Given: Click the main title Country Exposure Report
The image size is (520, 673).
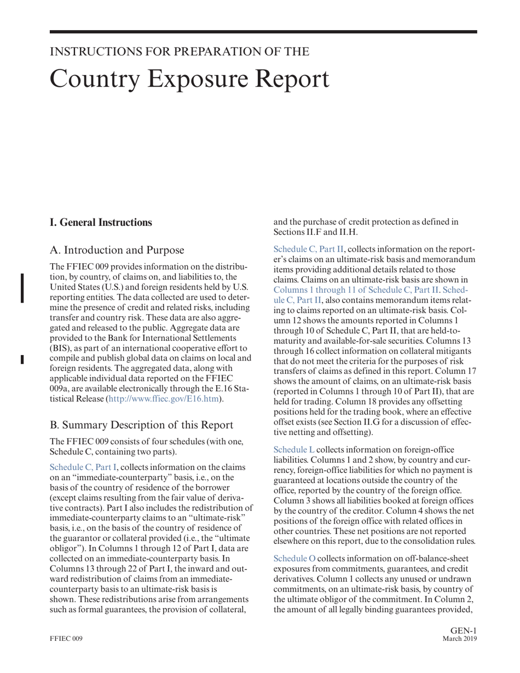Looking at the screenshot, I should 189,79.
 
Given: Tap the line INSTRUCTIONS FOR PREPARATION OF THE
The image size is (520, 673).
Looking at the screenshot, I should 180,52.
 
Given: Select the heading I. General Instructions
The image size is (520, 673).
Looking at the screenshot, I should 101,222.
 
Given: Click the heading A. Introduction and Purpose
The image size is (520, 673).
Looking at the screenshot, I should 117,250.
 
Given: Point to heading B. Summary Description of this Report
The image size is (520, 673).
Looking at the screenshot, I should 141,425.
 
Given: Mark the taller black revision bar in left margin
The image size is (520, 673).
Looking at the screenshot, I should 22,288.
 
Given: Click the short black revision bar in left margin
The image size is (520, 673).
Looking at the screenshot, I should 22,359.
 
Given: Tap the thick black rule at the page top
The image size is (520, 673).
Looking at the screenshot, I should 263,32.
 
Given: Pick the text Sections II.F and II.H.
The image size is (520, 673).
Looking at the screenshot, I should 316,232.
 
